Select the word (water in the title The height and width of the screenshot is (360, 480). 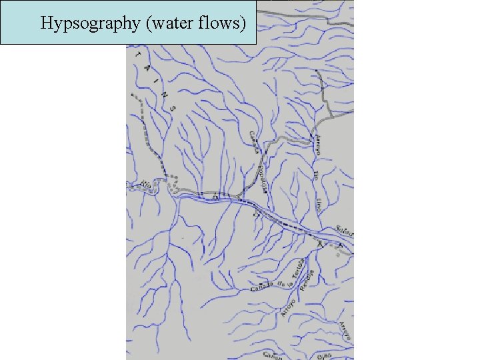(x=159, y=23)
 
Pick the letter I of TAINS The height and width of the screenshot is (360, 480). (x=155, y=79)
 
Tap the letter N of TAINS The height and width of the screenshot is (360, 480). (x=163, y=93)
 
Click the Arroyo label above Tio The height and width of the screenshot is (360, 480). (x=318, y=144)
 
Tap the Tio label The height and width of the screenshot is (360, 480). (x=316, y=175)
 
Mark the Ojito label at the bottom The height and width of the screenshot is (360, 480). (x=325, y=356)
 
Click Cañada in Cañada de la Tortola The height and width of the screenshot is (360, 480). (x=261, y=289)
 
